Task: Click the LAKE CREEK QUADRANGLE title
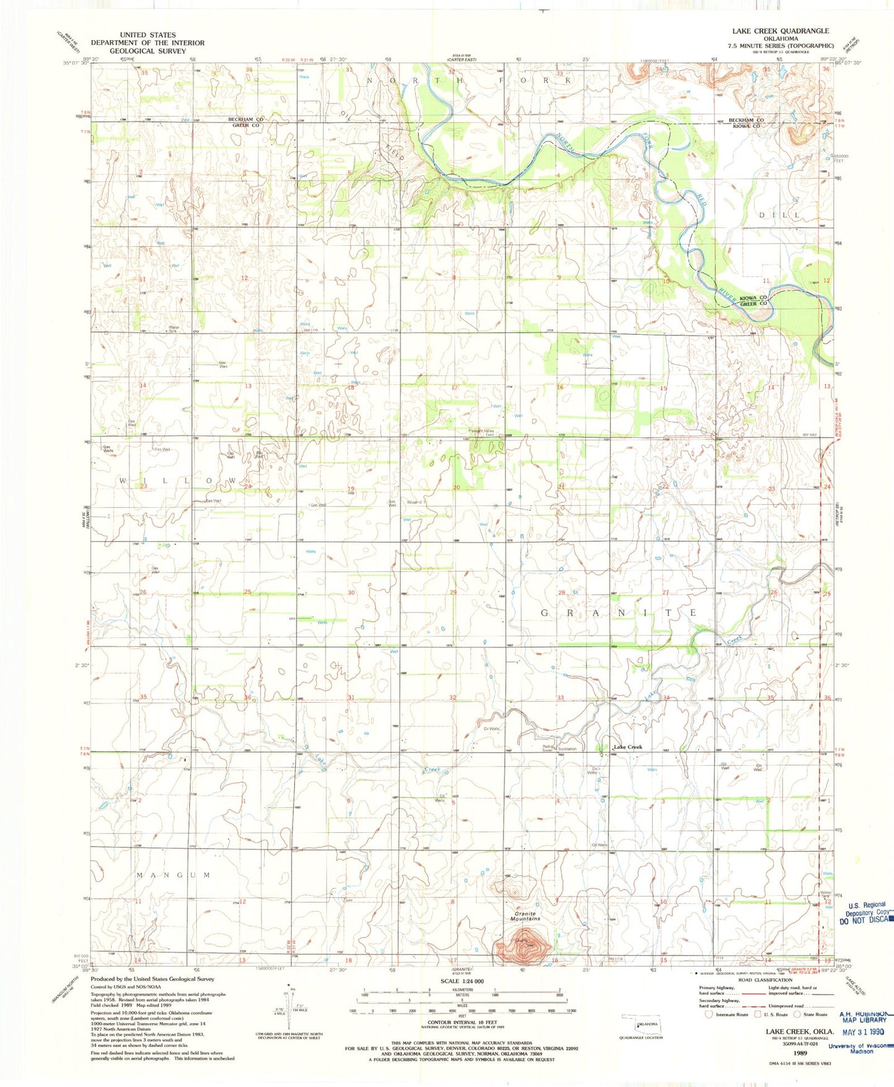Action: (x=780, y=30)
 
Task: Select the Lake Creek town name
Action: (x=627, y=747)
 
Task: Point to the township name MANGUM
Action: (x=173, y=875)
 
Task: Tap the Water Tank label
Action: (x=173, y=329)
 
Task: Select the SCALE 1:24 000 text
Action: (x=462, y=982)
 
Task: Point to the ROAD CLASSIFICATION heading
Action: (x=765, y=980)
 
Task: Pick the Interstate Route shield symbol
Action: (x=709, y=1014)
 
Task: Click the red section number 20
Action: (x=456, y=488)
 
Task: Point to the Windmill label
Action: (x=415, y=502)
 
